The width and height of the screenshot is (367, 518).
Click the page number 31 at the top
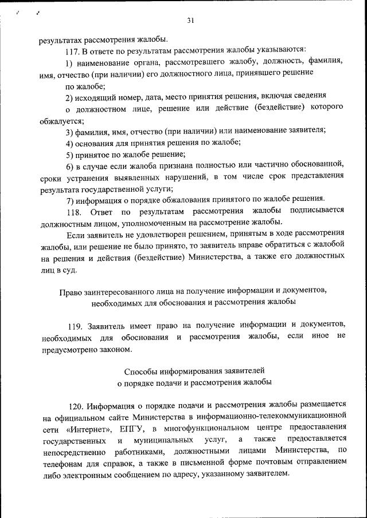pos(190,21)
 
